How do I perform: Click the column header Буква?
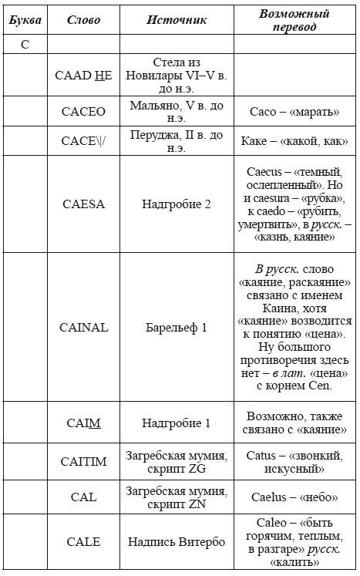25,20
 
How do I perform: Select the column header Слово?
83,20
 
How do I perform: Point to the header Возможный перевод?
294,20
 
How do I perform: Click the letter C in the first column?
25,45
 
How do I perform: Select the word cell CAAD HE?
83,75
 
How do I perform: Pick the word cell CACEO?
83,111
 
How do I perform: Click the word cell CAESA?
83,204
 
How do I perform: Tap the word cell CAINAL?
83,327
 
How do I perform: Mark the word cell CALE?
83,541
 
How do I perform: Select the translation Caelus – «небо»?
294,497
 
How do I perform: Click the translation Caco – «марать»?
294,111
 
